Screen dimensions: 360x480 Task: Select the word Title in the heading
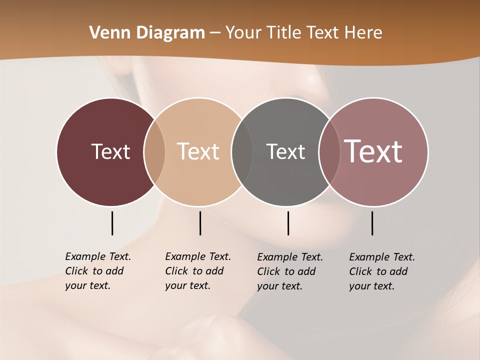click(x=284, y=33)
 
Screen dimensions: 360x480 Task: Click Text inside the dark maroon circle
click(x=110, y=151)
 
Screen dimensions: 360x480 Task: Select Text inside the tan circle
click(x=198, y=151)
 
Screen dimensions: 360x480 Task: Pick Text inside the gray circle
click(x=285, y=151)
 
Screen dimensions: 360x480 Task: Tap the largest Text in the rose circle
click(x=373, y=151)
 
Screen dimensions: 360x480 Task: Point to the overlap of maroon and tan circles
click(x=154, y=151)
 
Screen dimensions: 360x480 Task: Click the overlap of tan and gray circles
click(x=242, y=151)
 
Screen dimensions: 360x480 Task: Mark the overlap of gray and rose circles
click(x=329, y=151)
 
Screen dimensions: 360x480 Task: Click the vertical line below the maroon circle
click(x=112, y=223)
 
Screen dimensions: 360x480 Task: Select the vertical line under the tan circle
click(x=200, y=223)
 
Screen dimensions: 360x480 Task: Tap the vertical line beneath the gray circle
click(x=288, y=223)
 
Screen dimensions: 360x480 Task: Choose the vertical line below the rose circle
click(x=372, y=223)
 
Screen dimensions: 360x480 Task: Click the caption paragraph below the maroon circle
click(x=97, y=271)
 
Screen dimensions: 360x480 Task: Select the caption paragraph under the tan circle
click(x=197, y=271)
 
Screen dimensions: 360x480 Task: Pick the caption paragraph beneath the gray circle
click(x=289, y=271)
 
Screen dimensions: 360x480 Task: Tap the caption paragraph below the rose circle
click(x=381, y=271)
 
